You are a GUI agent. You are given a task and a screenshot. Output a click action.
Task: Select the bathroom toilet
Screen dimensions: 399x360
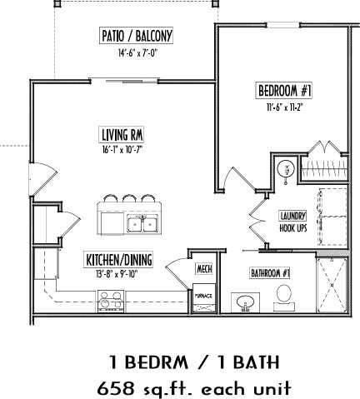[283, 295]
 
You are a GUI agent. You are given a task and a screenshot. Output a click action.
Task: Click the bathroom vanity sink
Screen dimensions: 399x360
[246, 300]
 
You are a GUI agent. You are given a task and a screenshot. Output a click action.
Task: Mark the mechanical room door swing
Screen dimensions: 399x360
[178, 271]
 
